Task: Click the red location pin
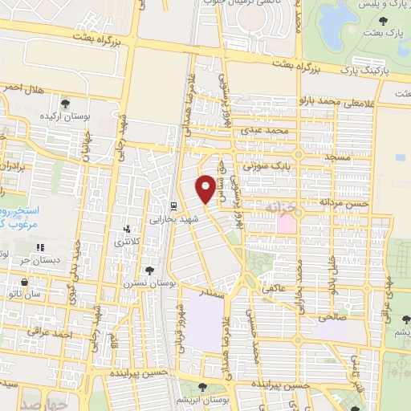pos(206,189)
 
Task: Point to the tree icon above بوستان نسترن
pos(149,271)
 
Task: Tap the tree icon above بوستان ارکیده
pos(65,103)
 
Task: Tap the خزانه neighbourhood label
pos(283,207)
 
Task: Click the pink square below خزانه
pos(287,224)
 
